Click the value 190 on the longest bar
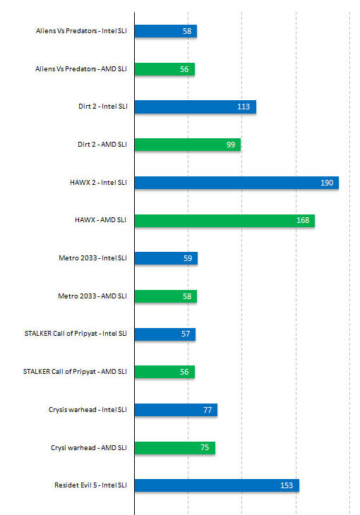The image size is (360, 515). pos(327,183)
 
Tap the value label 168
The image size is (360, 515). pos(303,221)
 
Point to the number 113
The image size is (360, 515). pos(244,107)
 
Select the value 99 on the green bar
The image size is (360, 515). pos(231,145)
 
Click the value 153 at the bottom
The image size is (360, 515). pos(287,485)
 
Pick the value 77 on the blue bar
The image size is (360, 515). pos(208,410)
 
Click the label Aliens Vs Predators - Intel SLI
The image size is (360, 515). pos(81,31)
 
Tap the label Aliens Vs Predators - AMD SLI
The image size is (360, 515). pos(81,69)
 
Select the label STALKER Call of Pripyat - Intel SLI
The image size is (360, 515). pos(75,334)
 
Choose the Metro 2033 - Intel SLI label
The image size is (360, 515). pos(93,258)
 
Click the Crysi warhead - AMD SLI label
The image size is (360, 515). pos(89,447)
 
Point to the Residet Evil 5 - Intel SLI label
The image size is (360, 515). pos(90,485)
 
